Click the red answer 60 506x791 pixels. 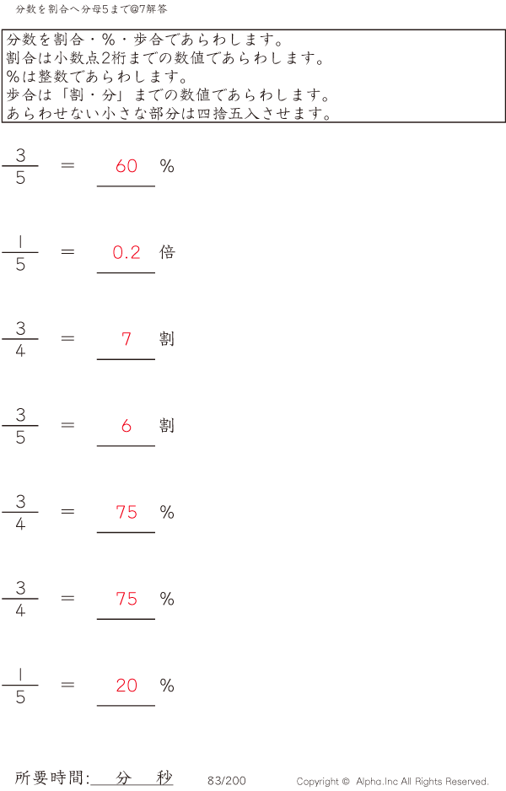pos(126,166)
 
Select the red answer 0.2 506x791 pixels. pos(126,252)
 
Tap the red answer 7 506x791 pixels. pos(126,339)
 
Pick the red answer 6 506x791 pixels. pos(126,426)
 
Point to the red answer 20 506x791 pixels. pos(126,685)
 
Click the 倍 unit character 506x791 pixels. pos(167,252)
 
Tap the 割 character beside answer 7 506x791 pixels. pos(167,338)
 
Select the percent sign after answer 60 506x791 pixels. pos(167,166)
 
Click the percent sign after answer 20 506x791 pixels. pos(167,685)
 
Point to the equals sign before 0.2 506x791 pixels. pos(67,251)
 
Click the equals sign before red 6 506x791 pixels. pos(67,425)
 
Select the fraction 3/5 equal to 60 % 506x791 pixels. pos(20,166)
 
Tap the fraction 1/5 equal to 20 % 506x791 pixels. pos(20,685)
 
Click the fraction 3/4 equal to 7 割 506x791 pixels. pos(20,339)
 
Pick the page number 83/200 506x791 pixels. pos(227,780)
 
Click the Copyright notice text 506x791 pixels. pos(392,782)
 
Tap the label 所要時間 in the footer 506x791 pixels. pos(49,778)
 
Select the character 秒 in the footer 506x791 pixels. pos(164,778)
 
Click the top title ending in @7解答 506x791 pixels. pos(91,9)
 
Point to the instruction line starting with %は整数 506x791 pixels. pos(98,76)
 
